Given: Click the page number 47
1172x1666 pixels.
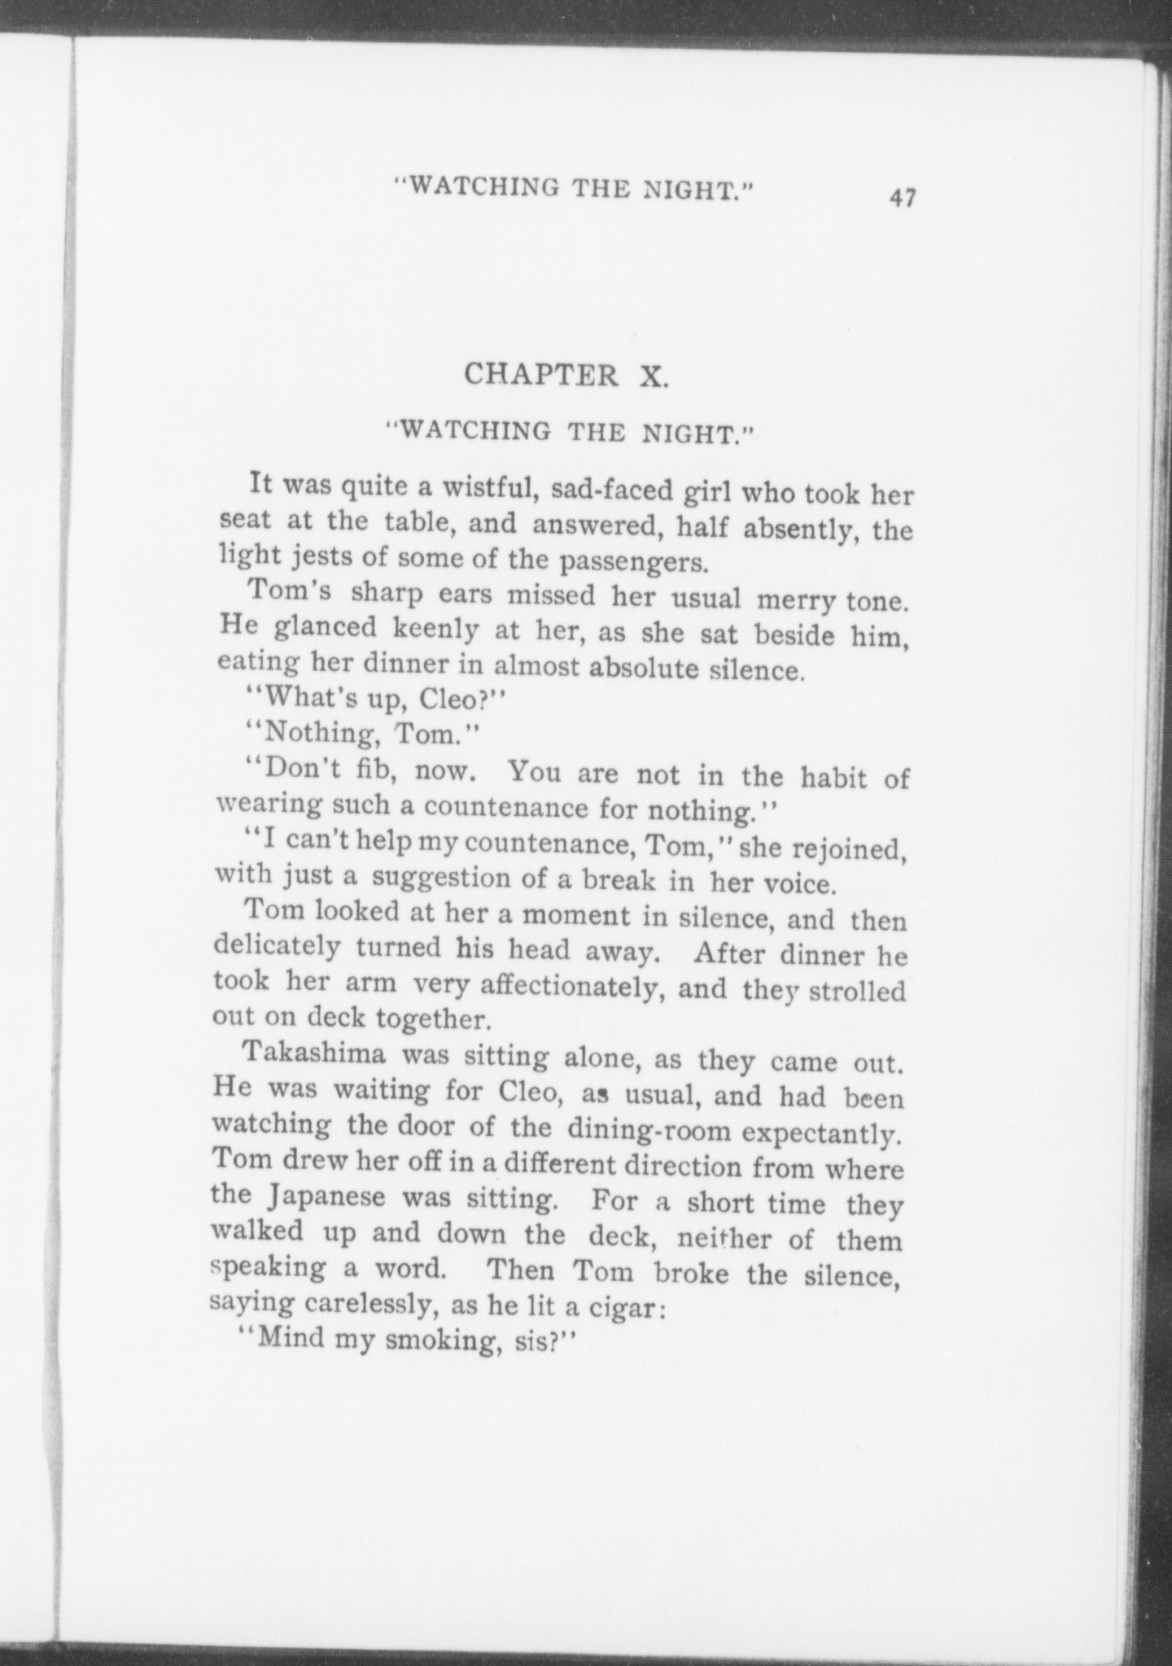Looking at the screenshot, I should [x=903, y=198].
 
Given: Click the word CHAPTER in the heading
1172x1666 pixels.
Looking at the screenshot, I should [x=540, y=376].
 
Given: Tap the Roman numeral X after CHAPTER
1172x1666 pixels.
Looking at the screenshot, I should [x=652, y=377].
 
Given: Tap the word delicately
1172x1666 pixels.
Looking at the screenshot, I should [x=277, y=946].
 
